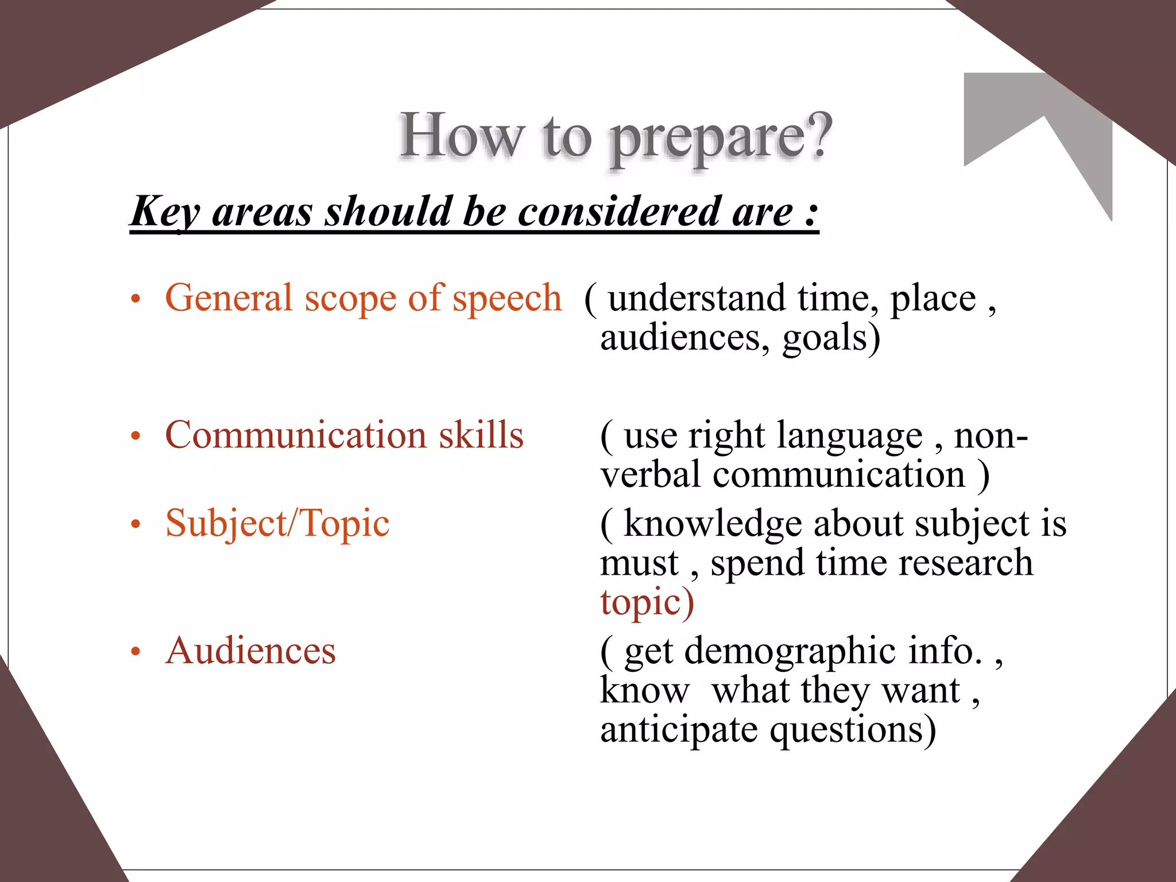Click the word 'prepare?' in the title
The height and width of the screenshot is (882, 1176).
tap(721, 138)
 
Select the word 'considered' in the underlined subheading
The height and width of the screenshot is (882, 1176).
tap(613, 211)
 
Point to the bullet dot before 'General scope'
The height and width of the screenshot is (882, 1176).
tap(136, 299)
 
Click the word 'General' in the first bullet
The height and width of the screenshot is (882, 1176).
tap(229, 297)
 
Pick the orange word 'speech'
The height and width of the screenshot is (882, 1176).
tap(507, 299)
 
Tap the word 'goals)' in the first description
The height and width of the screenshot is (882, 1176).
tap(831, 338)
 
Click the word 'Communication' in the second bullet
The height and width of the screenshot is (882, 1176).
tap(296, 435)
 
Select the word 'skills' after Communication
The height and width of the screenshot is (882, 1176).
tap(481, 435)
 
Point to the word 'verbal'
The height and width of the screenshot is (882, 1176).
tap(650, 474)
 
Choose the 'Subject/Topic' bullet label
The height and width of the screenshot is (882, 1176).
tap(277, 524)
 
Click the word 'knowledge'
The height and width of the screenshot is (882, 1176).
tap(713, 524)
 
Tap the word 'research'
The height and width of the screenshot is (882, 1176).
tap(966, 563)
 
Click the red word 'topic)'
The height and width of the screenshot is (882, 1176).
tap(647, 603)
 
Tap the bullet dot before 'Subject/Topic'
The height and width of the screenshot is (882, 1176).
tap(136, 524)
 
